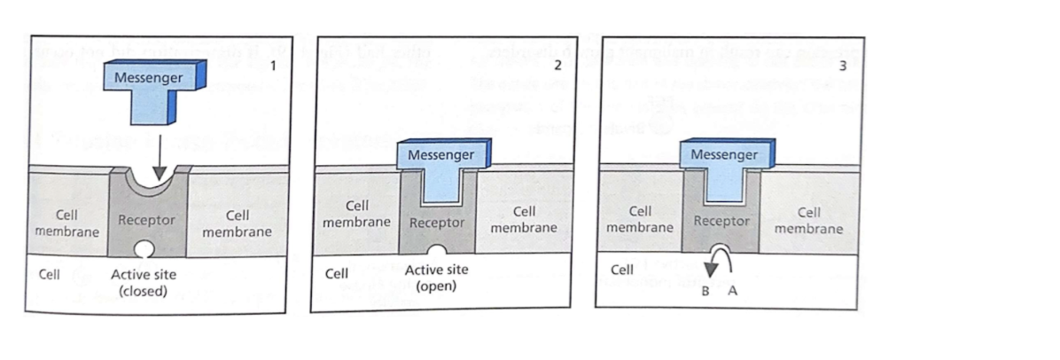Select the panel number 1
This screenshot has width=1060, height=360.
[x=276, y=67]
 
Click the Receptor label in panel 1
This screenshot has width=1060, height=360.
[x=146, y=219]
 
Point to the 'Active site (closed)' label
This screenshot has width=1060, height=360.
[x=144, y=282]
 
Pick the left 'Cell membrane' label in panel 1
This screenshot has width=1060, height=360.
[x=66, y=223]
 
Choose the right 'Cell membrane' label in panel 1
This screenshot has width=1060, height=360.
[x=237, y=223]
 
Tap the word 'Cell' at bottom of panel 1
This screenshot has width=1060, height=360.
[x=49, y=274]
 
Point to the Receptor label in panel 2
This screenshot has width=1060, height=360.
[x=437, y=222]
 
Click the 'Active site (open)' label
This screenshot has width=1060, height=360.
[x=436, y=278]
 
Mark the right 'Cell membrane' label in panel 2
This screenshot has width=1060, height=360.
[x=525, y=220]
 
